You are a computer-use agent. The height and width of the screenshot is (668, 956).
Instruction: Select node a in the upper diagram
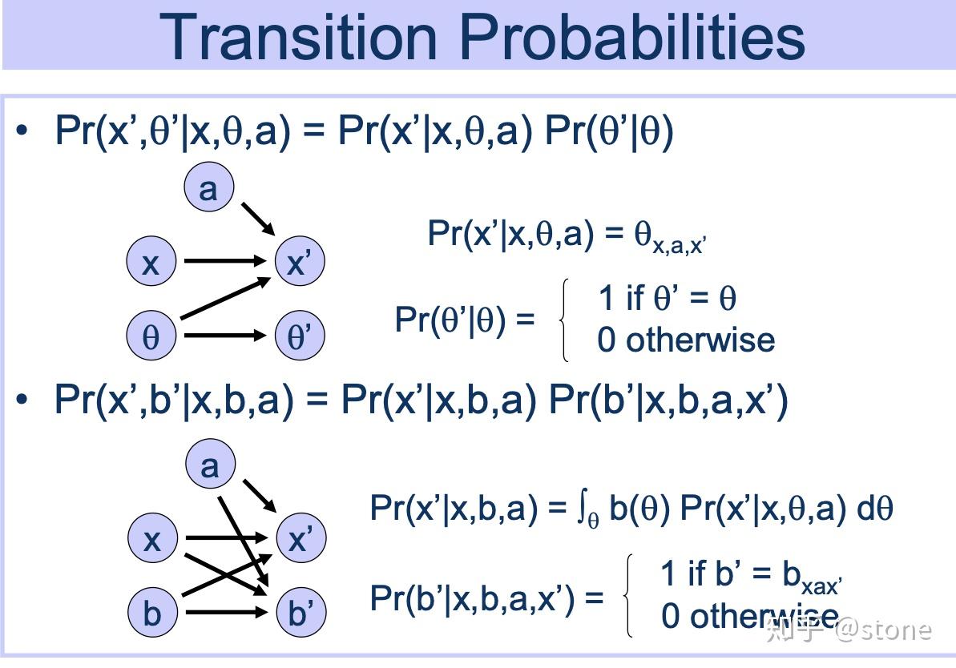[x=208, y=189]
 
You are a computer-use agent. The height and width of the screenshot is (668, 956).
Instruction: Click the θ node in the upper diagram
[x=151, y=336]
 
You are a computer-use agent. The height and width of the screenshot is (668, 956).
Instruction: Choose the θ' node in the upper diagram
[x=299, y=336]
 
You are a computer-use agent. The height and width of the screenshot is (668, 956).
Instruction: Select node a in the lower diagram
[x=209, y=465]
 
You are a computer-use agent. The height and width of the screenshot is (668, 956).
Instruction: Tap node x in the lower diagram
[x=151, y=539]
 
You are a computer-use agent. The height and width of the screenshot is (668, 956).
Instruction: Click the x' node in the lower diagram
[x=300, y=539]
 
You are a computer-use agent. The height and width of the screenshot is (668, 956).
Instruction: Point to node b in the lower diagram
[x=151, y=613]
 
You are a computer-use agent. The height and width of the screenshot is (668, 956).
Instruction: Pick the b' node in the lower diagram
[x=300, y=613]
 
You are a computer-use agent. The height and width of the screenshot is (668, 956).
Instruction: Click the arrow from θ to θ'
[x=224, y=336]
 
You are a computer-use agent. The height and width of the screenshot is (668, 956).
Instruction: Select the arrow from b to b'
[x=225, y=613]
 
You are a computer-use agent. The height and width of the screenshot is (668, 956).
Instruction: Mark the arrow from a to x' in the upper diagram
[x=256, y=217]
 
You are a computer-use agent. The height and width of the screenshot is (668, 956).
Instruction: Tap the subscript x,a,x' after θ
[x=680, y=246]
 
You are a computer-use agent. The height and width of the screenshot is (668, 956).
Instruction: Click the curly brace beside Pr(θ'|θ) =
[x=566, y=320]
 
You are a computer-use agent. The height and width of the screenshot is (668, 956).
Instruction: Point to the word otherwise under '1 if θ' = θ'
[x=700, y=340]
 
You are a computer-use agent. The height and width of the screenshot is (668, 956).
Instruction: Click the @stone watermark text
[x=883, y=630]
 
